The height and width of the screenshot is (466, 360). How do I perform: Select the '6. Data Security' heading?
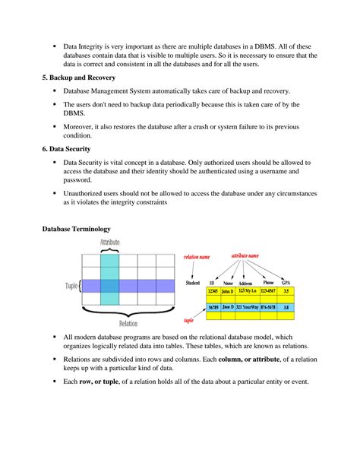coord(66,149)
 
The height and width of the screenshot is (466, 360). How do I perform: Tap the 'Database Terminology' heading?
coord(77,228)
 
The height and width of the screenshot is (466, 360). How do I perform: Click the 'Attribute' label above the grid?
coord(109,243)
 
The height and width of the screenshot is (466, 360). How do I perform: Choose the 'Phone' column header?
coord(268,282)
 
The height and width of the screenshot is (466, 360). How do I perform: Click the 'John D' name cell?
coord(227,291)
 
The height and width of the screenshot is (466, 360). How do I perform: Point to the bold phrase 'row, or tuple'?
coord(104,381)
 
